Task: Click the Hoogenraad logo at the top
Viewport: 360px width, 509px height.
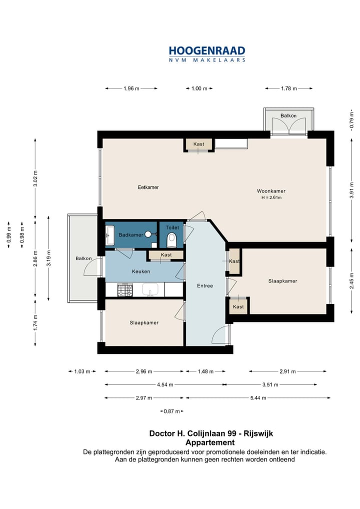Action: coord(207,54)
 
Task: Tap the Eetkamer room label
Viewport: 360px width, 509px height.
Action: coord(148,187)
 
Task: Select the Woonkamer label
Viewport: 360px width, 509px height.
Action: coord(271,191)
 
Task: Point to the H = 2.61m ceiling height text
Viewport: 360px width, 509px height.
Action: coord(271,197)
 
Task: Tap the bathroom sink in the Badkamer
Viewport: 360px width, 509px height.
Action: coord(109,234)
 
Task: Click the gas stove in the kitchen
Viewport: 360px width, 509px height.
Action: coord(125,290)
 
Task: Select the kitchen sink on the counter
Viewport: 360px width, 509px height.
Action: coord(149,289)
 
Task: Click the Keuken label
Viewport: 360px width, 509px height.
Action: coord(141,271)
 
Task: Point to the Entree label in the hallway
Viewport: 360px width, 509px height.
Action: coord(205,285)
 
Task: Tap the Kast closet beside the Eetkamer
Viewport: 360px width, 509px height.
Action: coord(198,145)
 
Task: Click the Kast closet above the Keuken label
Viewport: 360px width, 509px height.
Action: coord(166,255)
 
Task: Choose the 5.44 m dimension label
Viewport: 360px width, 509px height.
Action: coord(258,397)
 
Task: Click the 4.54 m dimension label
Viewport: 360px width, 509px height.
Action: coord(165,384)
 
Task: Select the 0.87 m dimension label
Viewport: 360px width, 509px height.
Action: coord(171,411)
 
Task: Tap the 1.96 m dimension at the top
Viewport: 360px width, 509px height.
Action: coord(131,88)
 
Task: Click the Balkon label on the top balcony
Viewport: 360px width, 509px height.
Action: coord(288,115)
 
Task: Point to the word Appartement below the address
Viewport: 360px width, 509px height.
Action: coord(210,442)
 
